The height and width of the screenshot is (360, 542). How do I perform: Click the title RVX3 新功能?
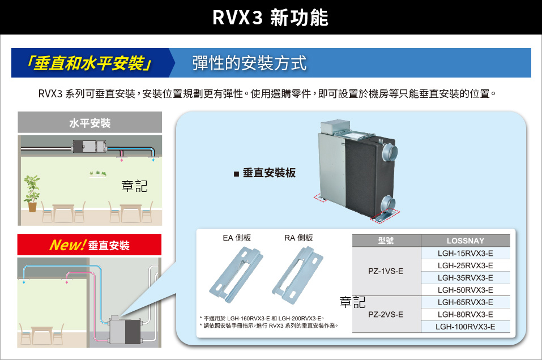click(x=270, y=18)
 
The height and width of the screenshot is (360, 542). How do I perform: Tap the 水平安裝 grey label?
click(x=89, y=123)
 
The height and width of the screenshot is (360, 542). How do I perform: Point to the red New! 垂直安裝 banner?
click(x=89, y=245)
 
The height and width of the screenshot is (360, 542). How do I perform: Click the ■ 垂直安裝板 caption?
click(x=264, y=173)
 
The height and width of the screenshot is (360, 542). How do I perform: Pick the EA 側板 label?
click(x=237, y=238)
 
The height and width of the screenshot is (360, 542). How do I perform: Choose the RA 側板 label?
click(x=298, y=238)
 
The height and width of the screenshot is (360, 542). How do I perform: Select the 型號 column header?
click(x=386, y=241)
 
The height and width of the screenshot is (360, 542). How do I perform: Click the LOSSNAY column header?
click(x=466, y=241)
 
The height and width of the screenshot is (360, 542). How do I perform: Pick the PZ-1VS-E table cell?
click(x=386, y=271)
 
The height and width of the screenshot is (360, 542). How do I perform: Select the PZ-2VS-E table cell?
click(x=386, y=314)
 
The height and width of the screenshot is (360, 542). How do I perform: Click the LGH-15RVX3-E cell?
click(x=466, y=253)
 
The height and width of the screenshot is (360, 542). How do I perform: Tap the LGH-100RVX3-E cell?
click(x=466, y=327)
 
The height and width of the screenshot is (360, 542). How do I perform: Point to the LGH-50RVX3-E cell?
click(x=466, y=290)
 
